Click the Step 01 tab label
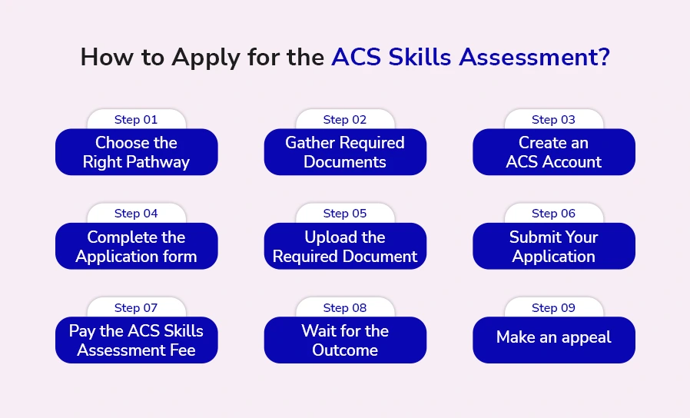pos(136,119)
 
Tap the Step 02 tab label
pos(345,119)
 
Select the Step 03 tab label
pos(553,119)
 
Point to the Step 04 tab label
pos(136,214)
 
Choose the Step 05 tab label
pos(345,214)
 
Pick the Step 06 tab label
pos(553,214)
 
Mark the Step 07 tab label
pos(136,307)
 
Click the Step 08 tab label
pos(345,307)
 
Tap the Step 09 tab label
pos(553,307)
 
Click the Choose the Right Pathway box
pos(136,152)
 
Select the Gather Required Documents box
pos(345,152)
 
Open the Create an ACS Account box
pos(553,152)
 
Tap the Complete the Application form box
pos(136,247)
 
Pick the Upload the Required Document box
pos(345,247)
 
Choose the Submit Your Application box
pos(553,247)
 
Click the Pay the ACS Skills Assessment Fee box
pos(136,340)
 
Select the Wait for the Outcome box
pos(345,340)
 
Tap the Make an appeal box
pos(553,337)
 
